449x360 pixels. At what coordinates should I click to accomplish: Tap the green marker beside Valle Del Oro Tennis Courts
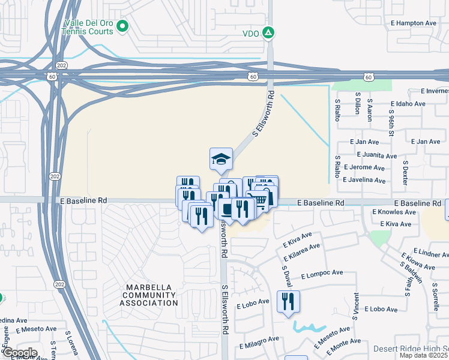(x=122, y=26)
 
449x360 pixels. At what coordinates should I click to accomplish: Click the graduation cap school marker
(x=220, y=160)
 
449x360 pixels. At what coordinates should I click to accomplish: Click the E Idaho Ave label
(x=408, y=104)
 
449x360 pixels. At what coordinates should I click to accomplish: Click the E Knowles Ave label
(x=394, y=212)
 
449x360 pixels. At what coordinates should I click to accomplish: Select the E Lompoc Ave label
(x=321, y=274)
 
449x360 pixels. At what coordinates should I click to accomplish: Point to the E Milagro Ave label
(x=259, y=343)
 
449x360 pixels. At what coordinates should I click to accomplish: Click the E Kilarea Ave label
(x=301, y=252)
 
